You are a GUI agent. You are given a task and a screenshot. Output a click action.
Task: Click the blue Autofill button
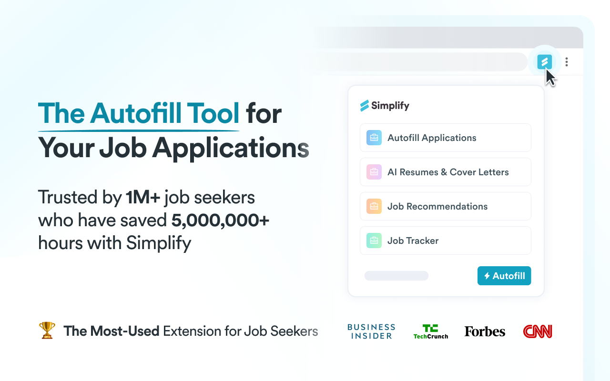pyautogui.click(x=504, y=276)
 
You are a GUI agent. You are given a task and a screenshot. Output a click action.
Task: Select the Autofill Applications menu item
pyautogui.click(x=445, y=138)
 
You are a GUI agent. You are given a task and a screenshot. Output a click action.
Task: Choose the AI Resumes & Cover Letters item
pyautogui.click(x=445, y=172)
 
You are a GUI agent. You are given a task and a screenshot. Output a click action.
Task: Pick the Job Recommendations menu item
pyautogui.click(x=445, y=206)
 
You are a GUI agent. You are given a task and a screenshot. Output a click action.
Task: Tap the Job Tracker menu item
pyautogui.click(x=445, y=241)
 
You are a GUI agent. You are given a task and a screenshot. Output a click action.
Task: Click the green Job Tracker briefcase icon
pyautogui.click(x=374, y=241)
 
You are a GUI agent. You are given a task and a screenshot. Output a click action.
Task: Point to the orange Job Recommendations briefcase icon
pyautogui.click(x=374, y=206)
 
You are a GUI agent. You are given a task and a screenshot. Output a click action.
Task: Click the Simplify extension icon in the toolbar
pyautogui.click(x=544, y=61)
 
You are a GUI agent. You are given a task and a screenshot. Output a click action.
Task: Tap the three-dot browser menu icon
pyautogui.click(x=567, y=61)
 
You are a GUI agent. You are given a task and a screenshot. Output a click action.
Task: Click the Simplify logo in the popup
pyautogui.click(x=385, y=106)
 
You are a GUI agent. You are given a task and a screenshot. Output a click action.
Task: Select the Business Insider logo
pyautogui.click(x=371, y=331)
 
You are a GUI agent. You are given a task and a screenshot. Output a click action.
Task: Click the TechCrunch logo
pyautogui.click(x=431, y=331)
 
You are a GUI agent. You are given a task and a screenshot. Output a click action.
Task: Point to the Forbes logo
pyautogui.click(x=485, y=331)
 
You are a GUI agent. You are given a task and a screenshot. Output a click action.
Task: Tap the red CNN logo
pyautogui.click(x=538, y=331)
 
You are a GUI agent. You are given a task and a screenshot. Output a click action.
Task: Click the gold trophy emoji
pyautogui.click(x=47, y=330)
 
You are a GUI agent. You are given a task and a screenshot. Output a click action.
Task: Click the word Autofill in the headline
pyautogui.click(x=135, y=114)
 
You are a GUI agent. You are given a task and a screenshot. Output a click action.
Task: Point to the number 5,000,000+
pyautogui.click(x=220, y=221)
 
